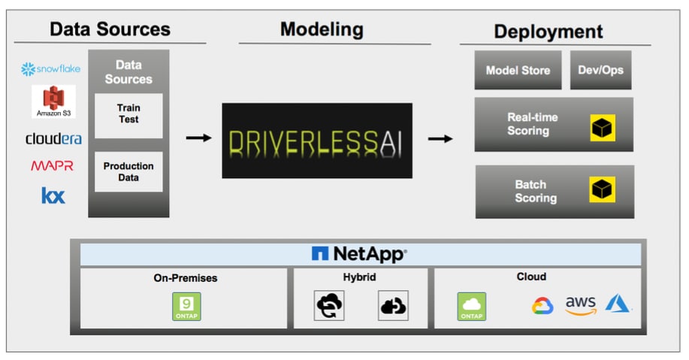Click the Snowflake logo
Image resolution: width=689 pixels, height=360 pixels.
[51, 69]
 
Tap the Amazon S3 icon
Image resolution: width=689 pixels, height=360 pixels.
[53, 101]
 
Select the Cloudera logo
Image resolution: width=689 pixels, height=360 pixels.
[53, 138]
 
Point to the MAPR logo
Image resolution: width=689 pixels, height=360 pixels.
[52, 166]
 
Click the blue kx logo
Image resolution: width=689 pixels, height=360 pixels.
[53, 196]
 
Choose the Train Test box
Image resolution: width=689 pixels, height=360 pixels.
[128, 114]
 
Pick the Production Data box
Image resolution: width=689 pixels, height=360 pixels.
[128, 171]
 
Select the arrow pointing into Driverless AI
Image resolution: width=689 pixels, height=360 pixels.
[198, 138]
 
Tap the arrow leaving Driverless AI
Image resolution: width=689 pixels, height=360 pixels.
[440, 138]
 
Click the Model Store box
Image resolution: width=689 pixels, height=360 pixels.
[518, 71]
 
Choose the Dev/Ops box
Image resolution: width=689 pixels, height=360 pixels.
[600, 71]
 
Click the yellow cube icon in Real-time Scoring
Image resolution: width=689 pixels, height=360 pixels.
[603, 128]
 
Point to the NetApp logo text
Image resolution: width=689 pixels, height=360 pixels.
[359, 254]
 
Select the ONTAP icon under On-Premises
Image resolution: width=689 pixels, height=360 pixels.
[186, 306]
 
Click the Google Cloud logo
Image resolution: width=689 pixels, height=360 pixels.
[542, 305]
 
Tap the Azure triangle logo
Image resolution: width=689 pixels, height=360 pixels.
[618, 303]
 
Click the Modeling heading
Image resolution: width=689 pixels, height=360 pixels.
[322, 29]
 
